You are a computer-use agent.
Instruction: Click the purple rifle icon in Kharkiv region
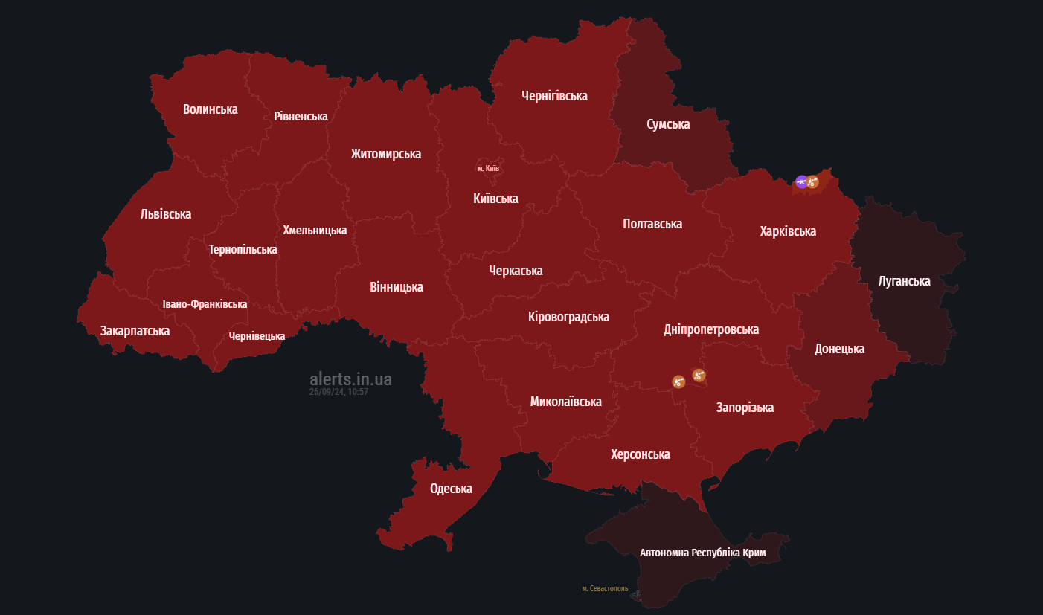click(x=801, y=181)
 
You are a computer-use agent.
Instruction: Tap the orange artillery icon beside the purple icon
click(x=812, y=181)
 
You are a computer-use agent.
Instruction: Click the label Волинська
click(x=211, y=109)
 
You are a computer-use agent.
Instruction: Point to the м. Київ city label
click(x=489, y=169)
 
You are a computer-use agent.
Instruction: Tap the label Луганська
click(x=904, y=281)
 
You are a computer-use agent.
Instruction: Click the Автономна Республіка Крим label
click(x=702, y=553)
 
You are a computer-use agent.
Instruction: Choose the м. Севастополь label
click(x=605, y=589)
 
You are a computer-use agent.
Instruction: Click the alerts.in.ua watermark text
click(x=350, y=379)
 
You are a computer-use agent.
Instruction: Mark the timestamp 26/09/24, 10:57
click(x=338, y=392)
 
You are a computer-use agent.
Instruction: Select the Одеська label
click(x=451, y=489)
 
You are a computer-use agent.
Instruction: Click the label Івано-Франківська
click(x=205, y=304)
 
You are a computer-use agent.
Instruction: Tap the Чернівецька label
click(x=257, y=336)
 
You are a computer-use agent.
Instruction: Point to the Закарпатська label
click(x=135, y=331)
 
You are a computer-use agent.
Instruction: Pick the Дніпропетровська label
click(x=711, y=329)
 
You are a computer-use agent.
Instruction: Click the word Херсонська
click(x=640, y=454)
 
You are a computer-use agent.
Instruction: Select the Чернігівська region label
click(x=554, y=96)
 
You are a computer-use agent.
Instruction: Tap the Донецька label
click(x=839, y=349)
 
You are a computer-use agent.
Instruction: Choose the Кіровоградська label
click(x=568, y=317)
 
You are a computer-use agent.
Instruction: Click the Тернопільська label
click(x=243, y=250)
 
